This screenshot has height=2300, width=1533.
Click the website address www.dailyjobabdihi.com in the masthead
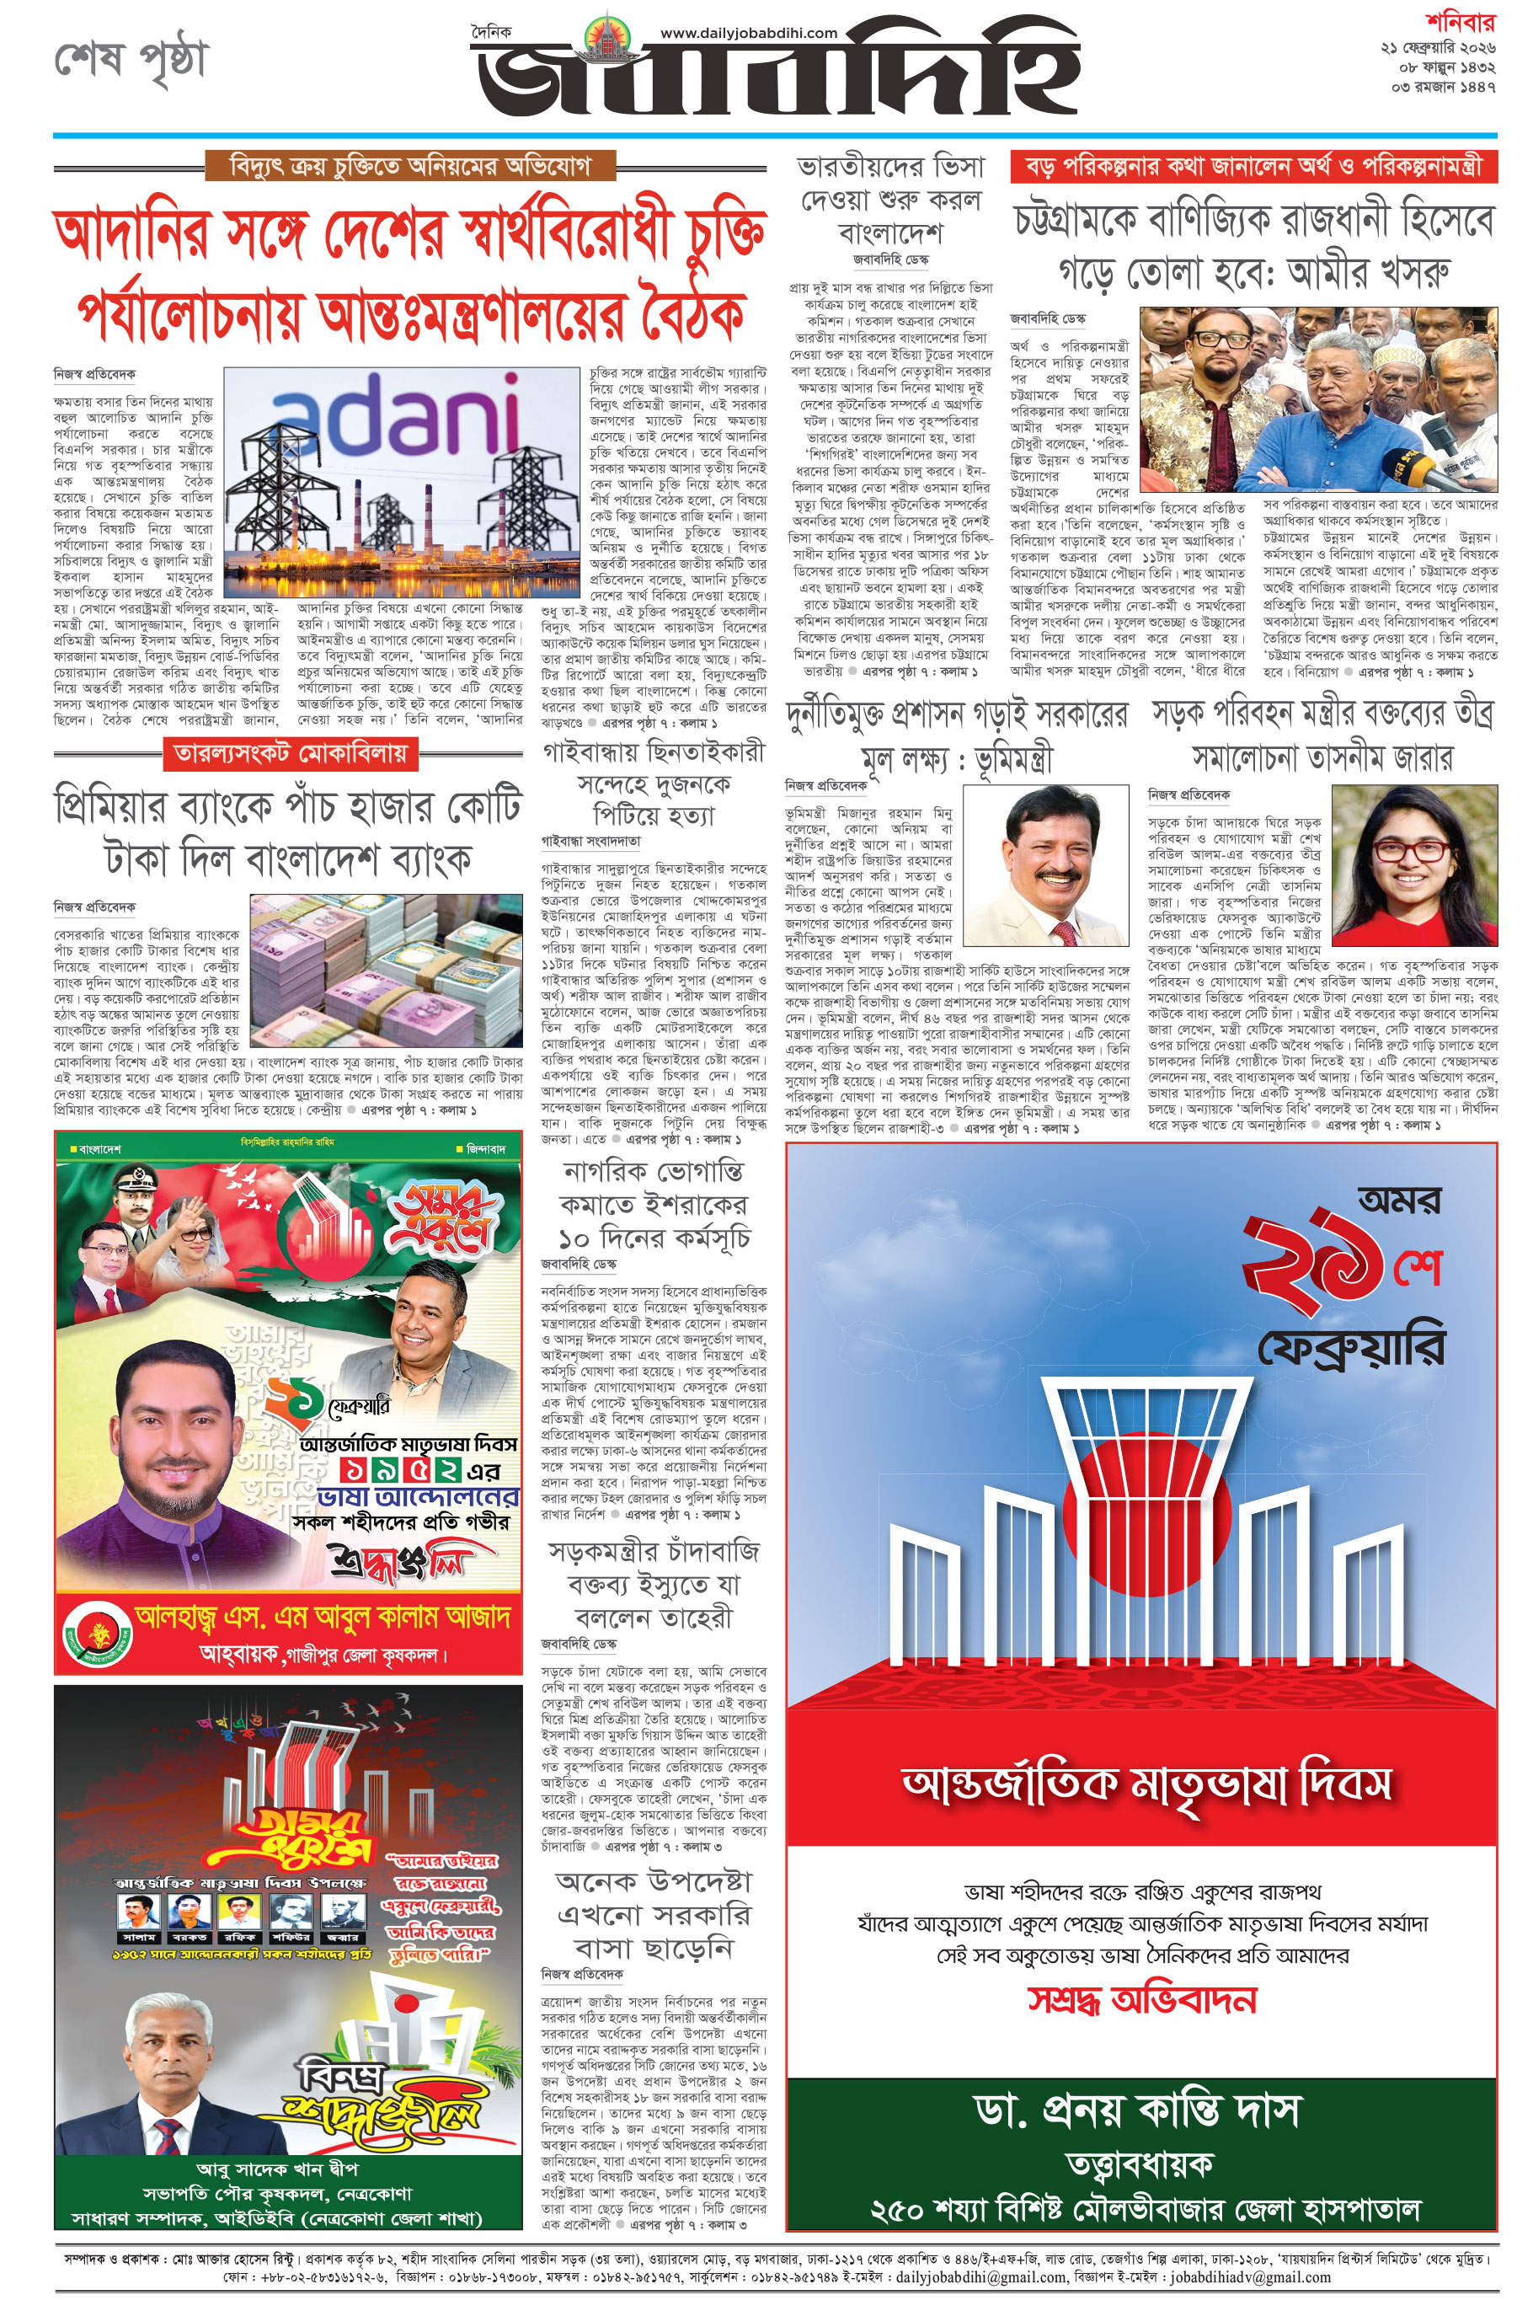748,32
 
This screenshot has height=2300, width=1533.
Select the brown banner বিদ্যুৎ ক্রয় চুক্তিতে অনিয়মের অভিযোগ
409,165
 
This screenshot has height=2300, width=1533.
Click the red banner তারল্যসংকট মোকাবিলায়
291,753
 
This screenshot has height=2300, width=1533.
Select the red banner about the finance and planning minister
1253,166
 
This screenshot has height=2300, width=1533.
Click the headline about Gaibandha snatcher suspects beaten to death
653,784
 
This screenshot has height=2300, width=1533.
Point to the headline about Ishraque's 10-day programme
653,1204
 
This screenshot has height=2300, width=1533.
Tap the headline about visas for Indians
889,200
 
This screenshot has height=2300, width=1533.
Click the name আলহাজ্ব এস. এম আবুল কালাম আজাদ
323,1617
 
